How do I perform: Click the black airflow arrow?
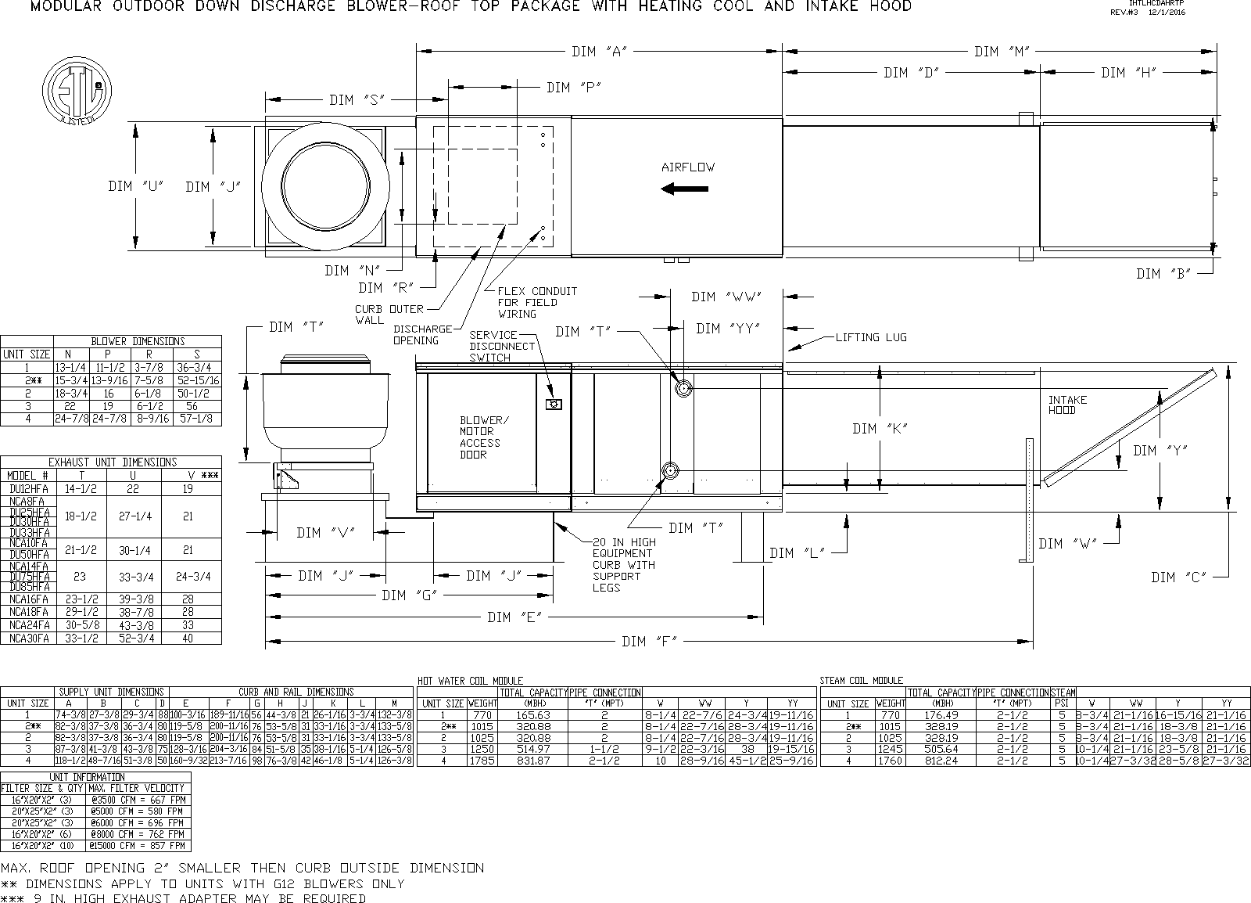[685, 189]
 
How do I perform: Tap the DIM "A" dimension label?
[600, 52]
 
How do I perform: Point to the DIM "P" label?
[573, 88]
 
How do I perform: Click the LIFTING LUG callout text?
[870, 337]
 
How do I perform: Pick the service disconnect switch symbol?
[554, 404]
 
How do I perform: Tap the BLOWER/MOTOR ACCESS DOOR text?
[482, 437]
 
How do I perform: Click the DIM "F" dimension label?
[650, 642]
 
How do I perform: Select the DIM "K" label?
[879, 429]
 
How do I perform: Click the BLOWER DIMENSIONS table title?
[138, 341]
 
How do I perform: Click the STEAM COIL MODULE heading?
[861, 681]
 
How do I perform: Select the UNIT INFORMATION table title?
[97, 777]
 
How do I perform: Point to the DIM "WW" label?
[726, 297]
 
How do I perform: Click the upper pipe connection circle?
[683, 387]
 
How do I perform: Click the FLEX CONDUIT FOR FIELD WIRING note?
[537, 302]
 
